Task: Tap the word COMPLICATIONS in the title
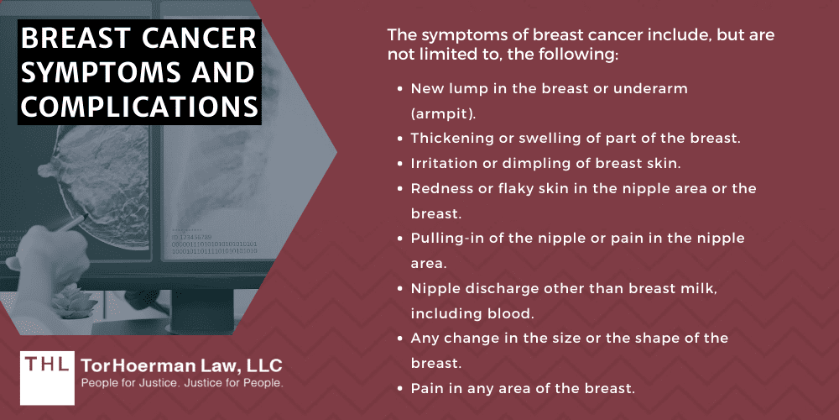(x=138, y=107)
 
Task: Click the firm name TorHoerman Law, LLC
(x=181, y=366)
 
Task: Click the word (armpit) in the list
(x=439, y=113)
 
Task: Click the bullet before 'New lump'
(x=399, y=88)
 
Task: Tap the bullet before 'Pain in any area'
(x=399, y=389)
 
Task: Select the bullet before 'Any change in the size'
(x=399, y=339)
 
